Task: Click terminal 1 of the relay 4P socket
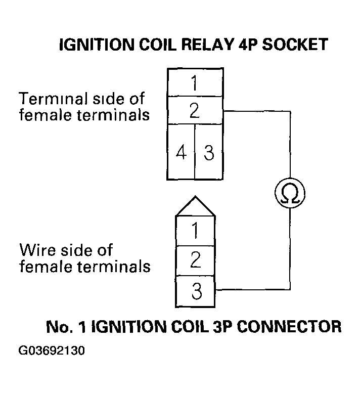195,83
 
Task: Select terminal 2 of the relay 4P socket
195,111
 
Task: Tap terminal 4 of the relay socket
181,152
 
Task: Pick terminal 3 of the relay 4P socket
209,152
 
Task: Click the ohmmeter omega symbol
290,194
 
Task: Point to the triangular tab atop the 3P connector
195,206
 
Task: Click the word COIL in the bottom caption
188,326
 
